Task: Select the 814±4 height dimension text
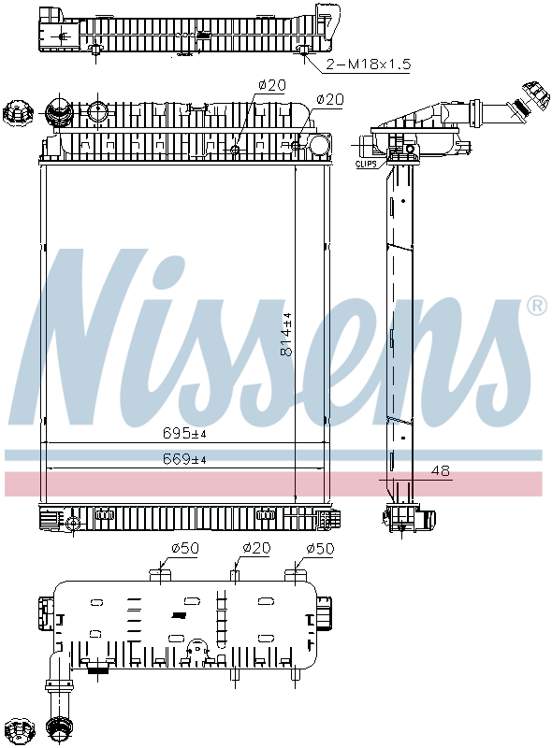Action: (x=288, y=334)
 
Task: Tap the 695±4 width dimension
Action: (x=183, y=433)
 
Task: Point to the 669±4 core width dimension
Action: (x=183, y=458)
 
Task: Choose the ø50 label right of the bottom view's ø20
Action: (x=320, y=548)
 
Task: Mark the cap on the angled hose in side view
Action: (x=534, y=97)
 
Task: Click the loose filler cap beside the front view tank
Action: (x=15, y=113)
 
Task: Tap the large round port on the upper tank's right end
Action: (x=319, y=148)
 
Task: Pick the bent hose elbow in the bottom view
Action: (x=56, y=678)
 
